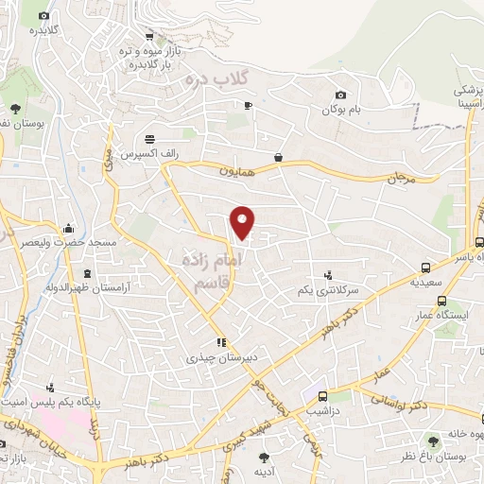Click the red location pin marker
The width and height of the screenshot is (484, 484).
click(244, 221)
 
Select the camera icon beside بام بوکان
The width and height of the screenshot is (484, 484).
click(341, 95)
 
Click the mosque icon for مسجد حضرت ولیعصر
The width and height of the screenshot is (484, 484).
click(68, 229)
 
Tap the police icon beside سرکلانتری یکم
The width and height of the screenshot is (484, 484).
click(328, 275)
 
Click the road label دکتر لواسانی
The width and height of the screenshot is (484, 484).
click(407, 406)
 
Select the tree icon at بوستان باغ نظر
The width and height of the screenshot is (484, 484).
click(434, 441)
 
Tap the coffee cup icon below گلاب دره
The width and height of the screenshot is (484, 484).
click(248, 105)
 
